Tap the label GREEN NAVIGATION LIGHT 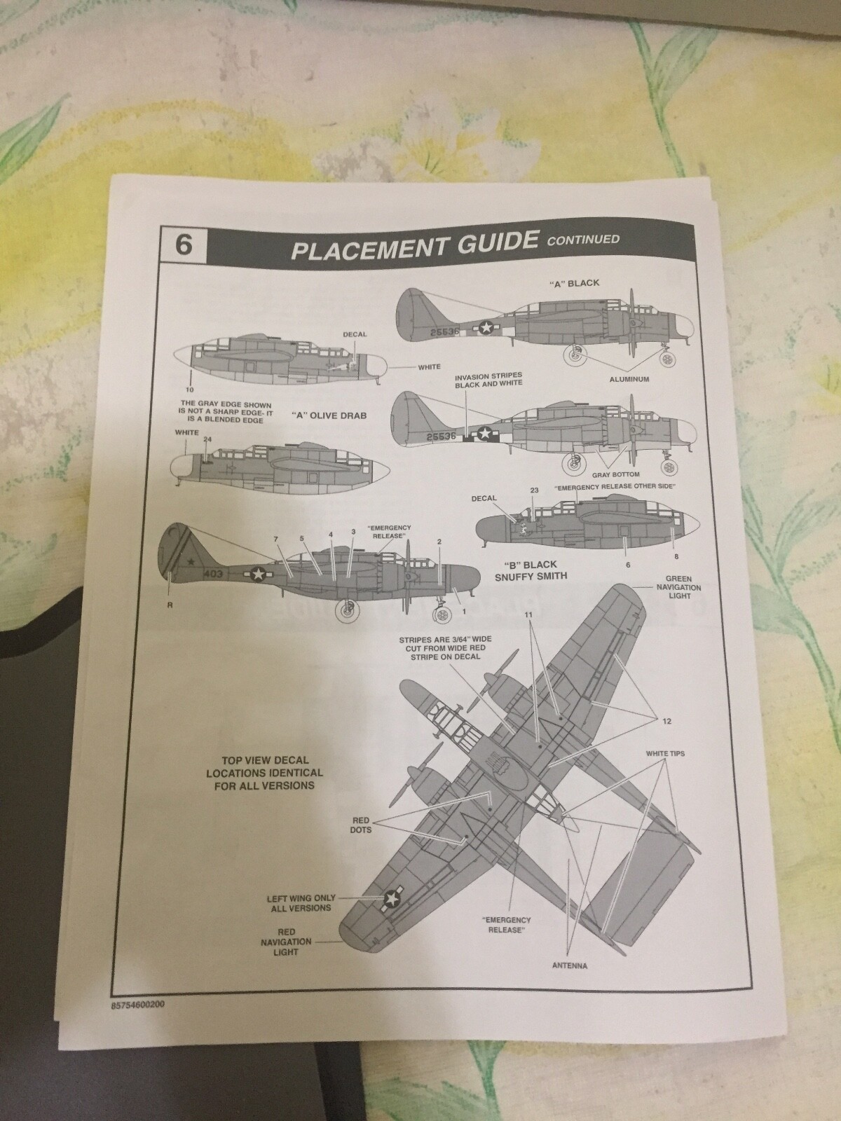coord(675,587)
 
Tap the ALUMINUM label coord(630,378)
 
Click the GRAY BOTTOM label coord(621,474)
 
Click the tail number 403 coord(213,573)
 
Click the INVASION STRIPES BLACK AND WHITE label coord(488,380)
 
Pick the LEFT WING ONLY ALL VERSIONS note coord(301,903)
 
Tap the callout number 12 coord(666,721)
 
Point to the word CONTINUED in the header coord(584,240)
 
